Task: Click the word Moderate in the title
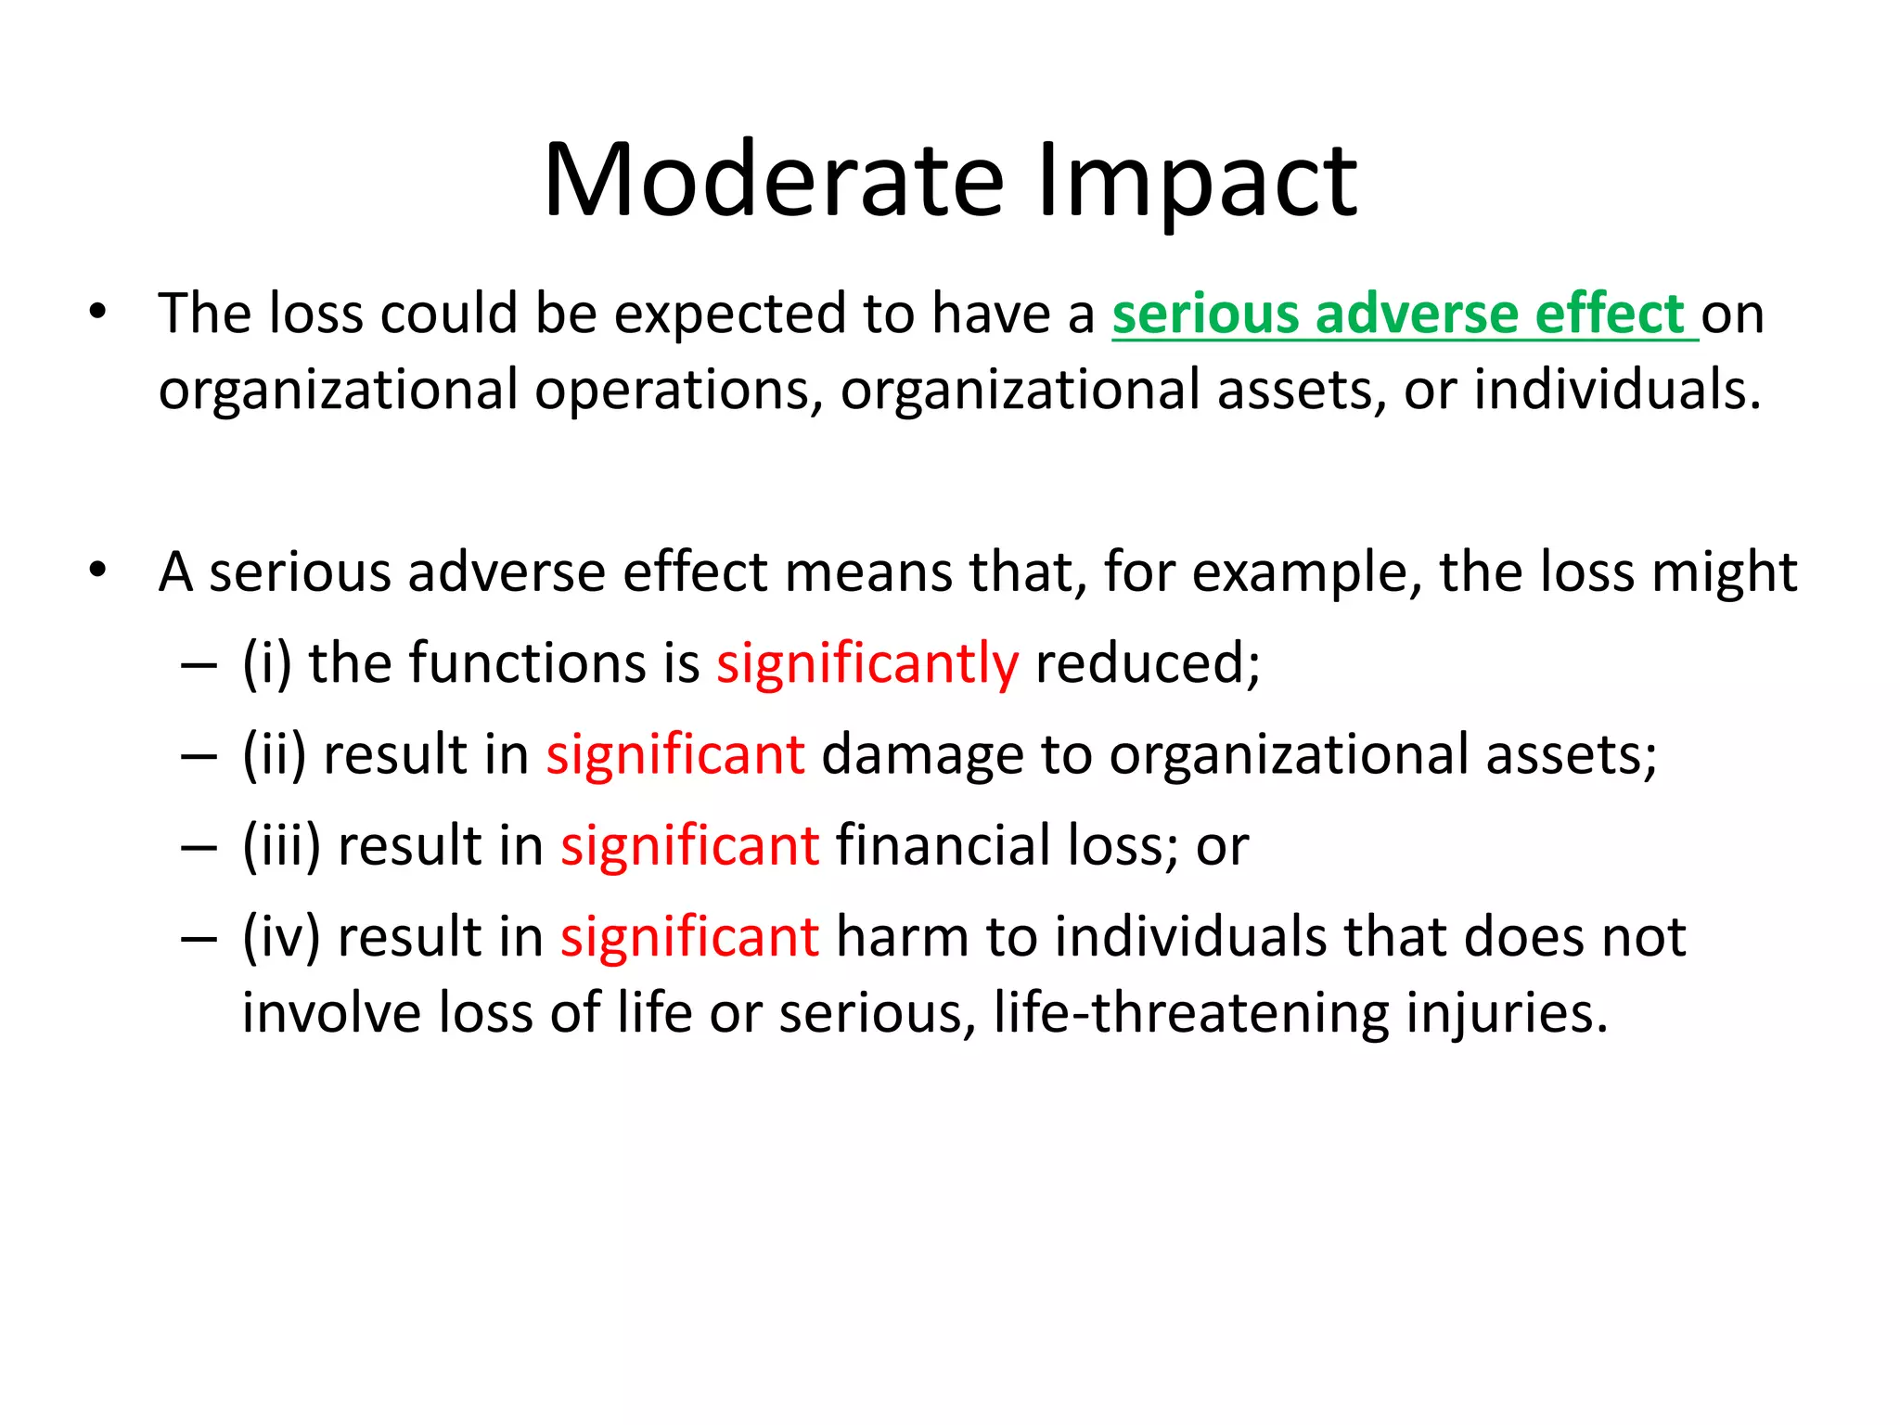[x=774, y=180]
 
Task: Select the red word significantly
[x=867, y=664]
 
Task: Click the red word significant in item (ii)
[x=675, y=754]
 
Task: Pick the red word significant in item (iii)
[x=690, y=846]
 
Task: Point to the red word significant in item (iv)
[x=690, y=937]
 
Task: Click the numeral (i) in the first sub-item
[x=267, y=664]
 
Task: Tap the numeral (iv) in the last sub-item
[x=282, y=937]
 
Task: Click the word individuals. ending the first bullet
[x=1617, y=390]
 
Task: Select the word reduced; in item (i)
[x=1148, y=664]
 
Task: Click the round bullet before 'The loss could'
[x=98, y=312]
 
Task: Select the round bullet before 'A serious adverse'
[x=98, y=570]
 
